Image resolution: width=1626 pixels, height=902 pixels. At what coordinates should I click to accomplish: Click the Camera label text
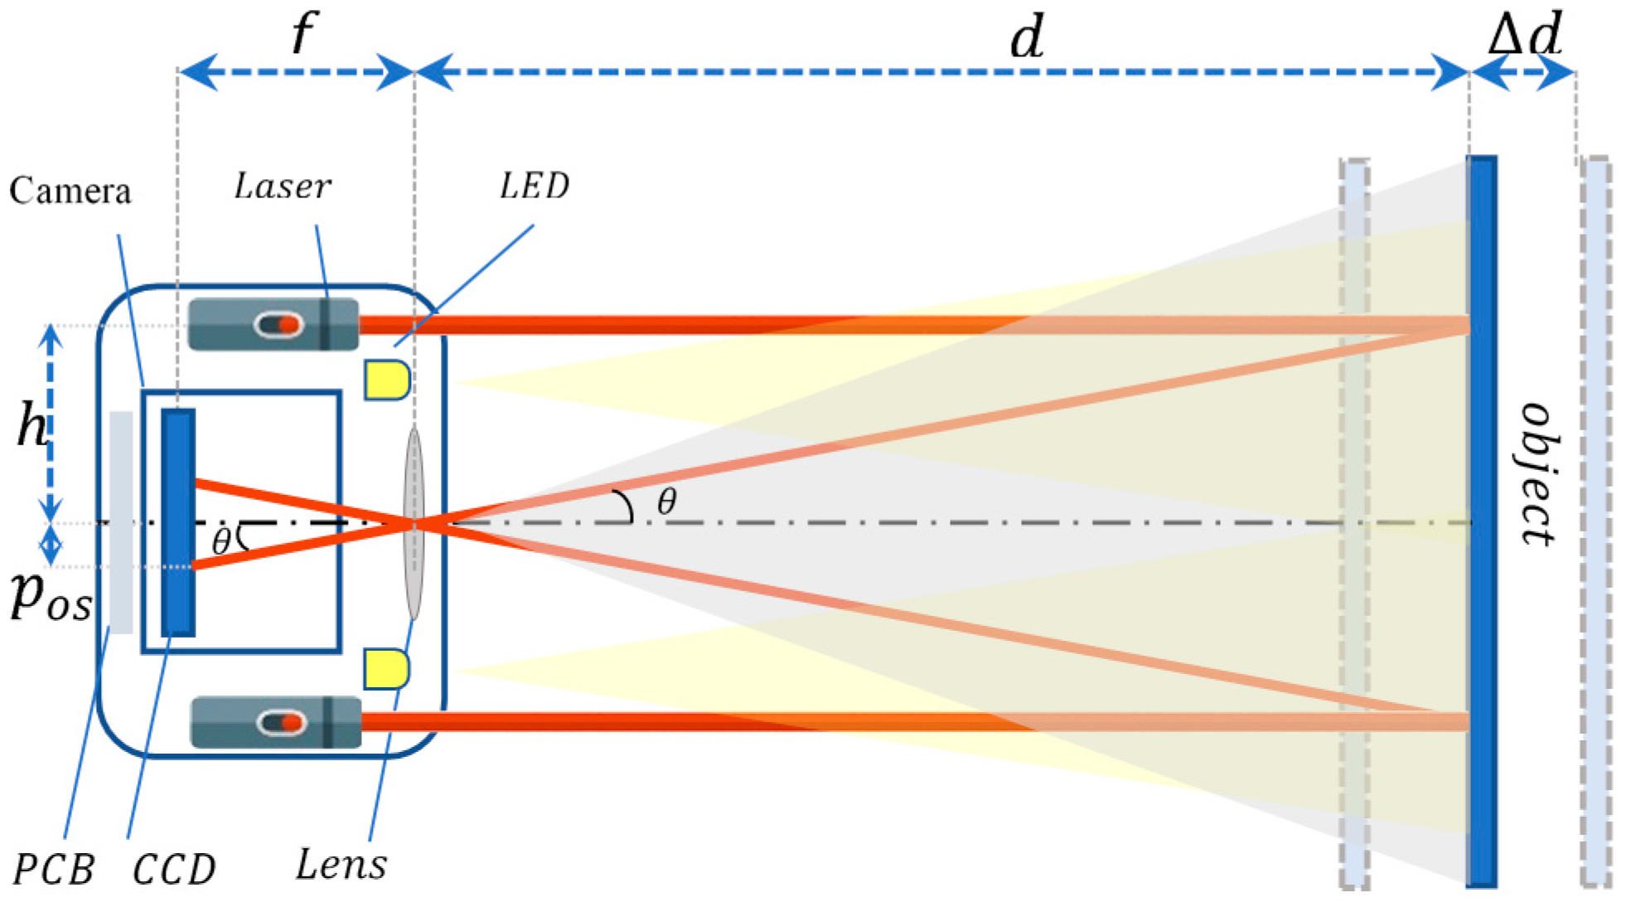tap(70, 192)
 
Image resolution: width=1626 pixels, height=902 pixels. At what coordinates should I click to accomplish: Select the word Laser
tap(283, 187)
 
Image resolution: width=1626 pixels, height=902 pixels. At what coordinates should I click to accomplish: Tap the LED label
tap(535, 186)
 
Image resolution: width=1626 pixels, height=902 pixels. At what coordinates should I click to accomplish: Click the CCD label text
tap(174, 870)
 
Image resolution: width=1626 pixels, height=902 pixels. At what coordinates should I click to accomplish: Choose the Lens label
tap(341, 866)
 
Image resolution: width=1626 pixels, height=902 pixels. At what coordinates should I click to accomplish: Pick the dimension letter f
tap(303, 35)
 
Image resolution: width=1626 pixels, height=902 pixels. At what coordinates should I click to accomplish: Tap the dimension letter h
tap(32, 428)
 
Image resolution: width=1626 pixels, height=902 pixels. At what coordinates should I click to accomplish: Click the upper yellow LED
tap(387, 380)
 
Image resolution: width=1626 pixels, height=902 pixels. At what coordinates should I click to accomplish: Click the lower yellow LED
tap(387, 669)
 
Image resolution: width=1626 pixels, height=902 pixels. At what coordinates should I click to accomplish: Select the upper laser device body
tap(273, 324)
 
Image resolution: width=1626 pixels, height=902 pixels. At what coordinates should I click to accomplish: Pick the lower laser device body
tap(276, 723)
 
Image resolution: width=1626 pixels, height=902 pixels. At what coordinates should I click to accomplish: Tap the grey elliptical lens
tap(414, 523)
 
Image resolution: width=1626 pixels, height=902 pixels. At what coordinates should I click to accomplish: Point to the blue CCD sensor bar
tap(178, 522)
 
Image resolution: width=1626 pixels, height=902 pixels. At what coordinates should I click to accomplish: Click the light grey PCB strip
tap(121, 522)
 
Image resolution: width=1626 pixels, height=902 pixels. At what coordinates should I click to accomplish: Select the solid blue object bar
tap(1482, 522)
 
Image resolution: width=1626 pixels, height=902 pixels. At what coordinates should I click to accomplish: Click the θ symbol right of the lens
tap(666, 502)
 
